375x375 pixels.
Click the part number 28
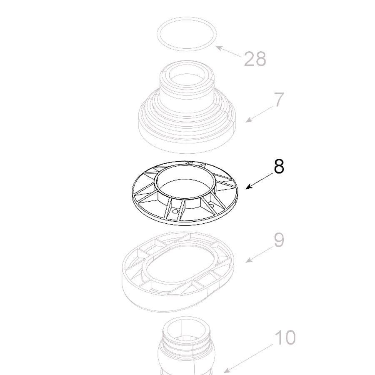coord(255,59)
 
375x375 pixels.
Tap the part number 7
coord(278,100)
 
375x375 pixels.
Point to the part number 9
coord(279,240)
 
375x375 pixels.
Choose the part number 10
coord(285,337)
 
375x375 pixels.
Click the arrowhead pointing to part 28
coord(218,48)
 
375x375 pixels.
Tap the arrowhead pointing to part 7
coord(249,120)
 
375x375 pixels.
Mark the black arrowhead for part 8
coord(249,187)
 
